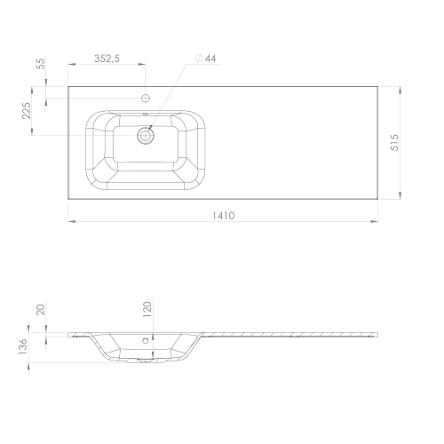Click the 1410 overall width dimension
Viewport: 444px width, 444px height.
point(224,216)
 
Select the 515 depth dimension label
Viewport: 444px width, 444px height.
point(394,142)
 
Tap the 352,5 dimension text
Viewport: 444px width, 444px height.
point(107,59)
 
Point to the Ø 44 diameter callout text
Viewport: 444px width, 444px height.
point(206,59)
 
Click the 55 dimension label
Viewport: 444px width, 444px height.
point(41,64)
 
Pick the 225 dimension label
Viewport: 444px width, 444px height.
point(27,110)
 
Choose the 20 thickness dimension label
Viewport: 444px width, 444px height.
point(41,310)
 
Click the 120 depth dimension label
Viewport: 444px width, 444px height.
point(147,309)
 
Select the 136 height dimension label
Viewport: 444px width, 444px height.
point(23,346)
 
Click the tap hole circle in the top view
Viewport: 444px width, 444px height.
point(146,98)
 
